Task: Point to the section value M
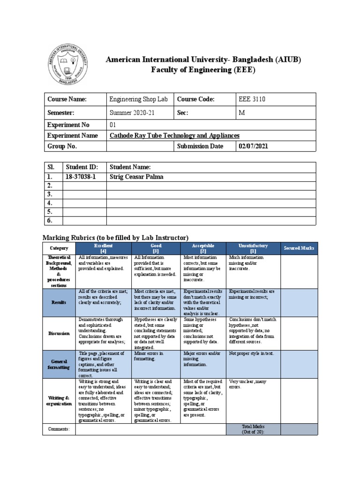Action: pos(242,112)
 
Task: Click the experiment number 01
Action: pos(112,125)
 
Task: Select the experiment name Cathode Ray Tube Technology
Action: pos(174,135)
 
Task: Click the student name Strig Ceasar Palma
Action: pos(138,177)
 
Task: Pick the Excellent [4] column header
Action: pos(103,248)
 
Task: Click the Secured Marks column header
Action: pos(299,248)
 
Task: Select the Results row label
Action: pos(59,303)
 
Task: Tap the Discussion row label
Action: pos(59,333)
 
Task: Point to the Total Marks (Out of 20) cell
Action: pos(253,429)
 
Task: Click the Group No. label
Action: pos(62,146)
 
